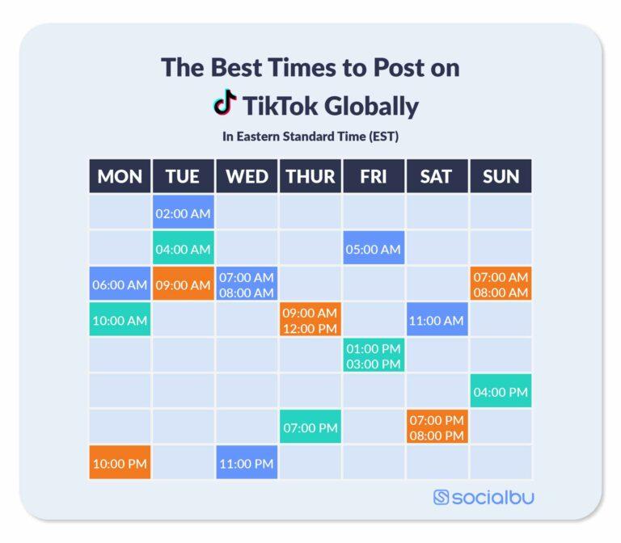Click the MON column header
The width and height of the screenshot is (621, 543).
point(120,176)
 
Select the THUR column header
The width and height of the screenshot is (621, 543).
point(310,176)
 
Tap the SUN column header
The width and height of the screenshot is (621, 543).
point(501,176)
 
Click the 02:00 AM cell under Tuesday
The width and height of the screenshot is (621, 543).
point(183,213)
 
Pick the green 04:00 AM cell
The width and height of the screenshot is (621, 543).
point(183,249)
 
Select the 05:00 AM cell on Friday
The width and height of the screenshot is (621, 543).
point(374,249)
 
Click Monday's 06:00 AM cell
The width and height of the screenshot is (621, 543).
point(120,284)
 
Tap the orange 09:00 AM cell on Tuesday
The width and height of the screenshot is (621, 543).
point(183,284)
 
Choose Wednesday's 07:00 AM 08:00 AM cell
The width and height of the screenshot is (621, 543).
point(247,284)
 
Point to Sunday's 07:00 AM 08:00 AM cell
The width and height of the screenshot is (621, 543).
point(501,284)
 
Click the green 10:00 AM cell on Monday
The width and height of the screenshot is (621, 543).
point(120,320)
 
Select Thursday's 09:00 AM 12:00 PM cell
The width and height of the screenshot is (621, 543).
point(310,320)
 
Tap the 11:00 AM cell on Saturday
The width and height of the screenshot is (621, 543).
point(437,320)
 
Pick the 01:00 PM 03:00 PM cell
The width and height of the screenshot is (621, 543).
point(374,356)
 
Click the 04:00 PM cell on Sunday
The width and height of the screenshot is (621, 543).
point(501,392)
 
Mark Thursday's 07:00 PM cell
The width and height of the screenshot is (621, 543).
point(310,427)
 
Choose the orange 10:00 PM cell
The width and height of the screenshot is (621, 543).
point(120,463)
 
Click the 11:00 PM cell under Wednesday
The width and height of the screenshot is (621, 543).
point(247,463)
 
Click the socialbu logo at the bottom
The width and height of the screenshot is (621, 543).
point(484,497)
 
